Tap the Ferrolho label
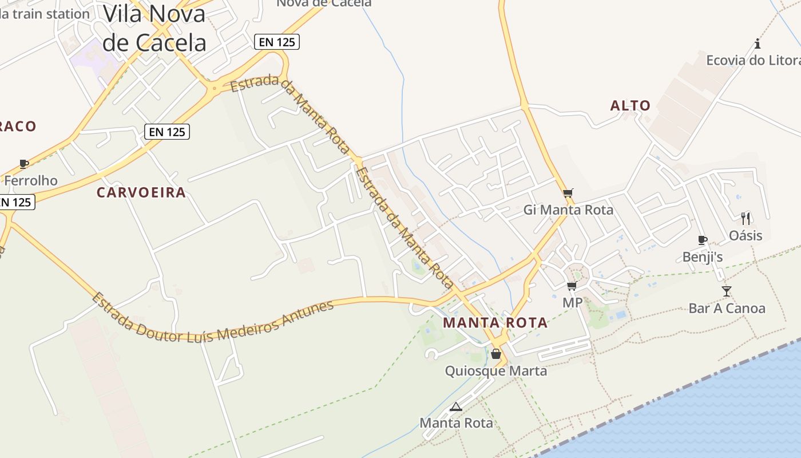(31, 181)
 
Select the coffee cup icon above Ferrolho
(23, 164)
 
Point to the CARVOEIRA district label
(141, 193)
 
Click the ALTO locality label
(631, 106)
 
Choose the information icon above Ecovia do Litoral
(758, 44)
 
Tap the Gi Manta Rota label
(568, 210)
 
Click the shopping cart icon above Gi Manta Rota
(568, 194)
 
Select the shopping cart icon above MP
(572, 286)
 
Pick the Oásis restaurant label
(746, 235)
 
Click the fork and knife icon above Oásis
(746, 218)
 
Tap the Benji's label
(703, 258)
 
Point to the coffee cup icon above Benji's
(703, 240)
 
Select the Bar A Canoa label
(727, 309)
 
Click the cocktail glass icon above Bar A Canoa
(727, 291)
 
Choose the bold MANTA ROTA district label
(495, 323)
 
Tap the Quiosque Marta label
(496, 371)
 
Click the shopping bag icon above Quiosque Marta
(496, 354)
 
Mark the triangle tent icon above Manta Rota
(455, 407)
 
